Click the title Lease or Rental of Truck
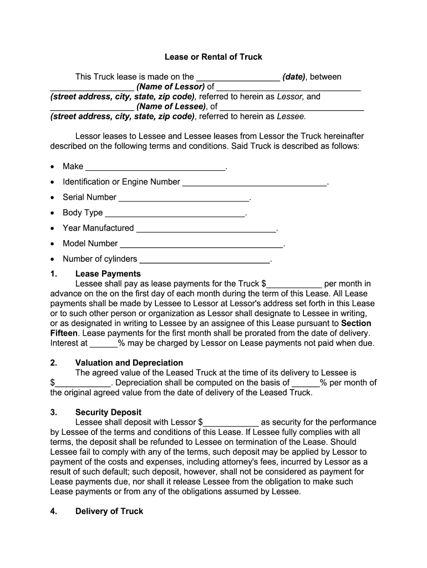tap(213, 57)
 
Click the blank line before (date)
tap(238, 78)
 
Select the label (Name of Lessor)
tap(171, 87)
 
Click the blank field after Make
tap(156, 168)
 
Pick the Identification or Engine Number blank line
tap(255, 183)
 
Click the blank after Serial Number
tap(184, 198)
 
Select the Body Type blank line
tap(175, 214)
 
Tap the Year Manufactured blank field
tap(206, 229)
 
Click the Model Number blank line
tap(201, 245)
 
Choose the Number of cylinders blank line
tap(204, 260)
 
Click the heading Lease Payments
tap(108, 274)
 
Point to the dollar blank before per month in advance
tap(294, 285)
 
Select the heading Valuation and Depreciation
tap(121, 363)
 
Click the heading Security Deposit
tap(108, 413)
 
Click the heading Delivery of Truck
tap(109, 511)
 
